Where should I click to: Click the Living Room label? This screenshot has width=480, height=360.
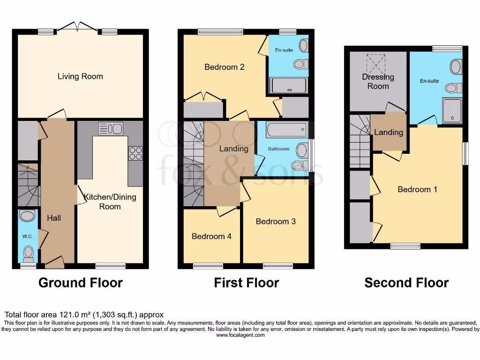[80, 76]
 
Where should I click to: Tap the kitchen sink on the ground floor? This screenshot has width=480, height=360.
[111, 128]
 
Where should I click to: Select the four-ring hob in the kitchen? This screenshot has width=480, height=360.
[135, 153]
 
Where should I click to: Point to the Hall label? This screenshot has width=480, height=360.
[54, 218]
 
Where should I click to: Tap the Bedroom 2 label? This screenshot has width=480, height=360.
[225, 67]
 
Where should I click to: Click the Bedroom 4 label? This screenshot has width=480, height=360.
[211, 236]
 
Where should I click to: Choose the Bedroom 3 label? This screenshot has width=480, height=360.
[276, 221]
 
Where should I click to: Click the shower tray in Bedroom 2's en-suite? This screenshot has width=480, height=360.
[289, 86]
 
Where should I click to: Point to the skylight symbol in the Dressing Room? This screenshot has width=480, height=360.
[377, 62]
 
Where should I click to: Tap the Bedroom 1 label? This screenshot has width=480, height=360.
[417, 189]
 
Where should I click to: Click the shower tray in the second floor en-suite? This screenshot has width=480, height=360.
[452, 111]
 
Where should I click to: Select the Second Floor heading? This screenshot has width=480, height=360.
[406, 283]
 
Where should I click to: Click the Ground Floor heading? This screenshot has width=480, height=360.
[80, 283]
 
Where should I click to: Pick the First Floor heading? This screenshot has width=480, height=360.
[246, 283]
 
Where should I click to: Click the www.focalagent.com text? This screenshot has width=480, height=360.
[240, 335]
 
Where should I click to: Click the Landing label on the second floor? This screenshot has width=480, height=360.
[388, 132]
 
